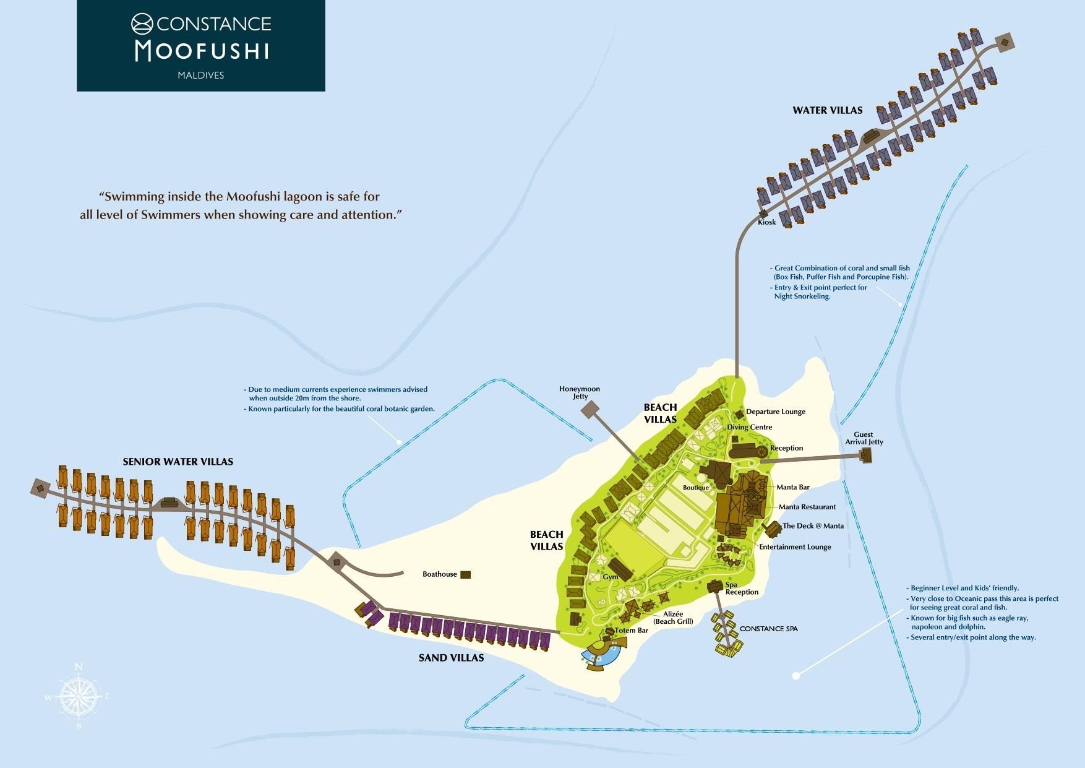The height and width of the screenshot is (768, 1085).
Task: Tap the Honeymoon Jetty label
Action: pos(580,392)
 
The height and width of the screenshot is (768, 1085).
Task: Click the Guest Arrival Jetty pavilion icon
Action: pos(865,455)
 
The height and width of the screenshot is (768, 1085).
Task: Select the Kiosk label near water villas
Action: pos(766,222)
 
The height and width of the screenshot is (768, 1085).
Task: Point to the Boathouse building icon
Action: pos(465,574)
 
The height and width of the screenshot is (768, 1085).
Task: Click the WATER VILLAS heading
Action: pos(828,110)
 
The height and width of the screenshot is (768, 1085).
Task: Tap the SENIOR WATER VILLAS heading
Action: pos(178,462)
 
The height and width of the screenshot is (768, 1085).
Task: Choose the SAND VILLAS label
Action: pos(451,658)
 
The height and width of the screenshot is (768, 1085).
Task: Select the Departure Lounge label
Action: pos(776,412)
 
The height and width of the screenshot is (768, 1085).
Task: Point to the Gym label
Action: pos(611,577)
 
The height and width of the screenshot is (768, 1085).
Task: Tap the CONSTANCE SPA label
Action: pos(768,629)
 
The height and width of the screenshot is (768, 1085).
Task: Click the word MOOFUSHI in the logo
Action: pos(202,51)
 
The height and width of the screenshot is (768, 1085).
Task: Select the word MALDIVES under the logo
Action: pos(201,76)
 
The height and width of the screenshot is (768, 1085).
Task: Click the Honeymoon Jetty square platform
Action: pos(590,409)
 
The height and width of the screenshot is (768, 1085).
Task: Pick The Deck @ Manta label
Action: pos(813,526)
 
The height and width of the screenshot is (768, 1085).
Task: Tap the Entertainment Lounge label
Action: pos(795,547)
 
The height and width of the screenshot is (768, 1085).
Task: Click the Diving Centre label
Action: pos(750,427)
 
